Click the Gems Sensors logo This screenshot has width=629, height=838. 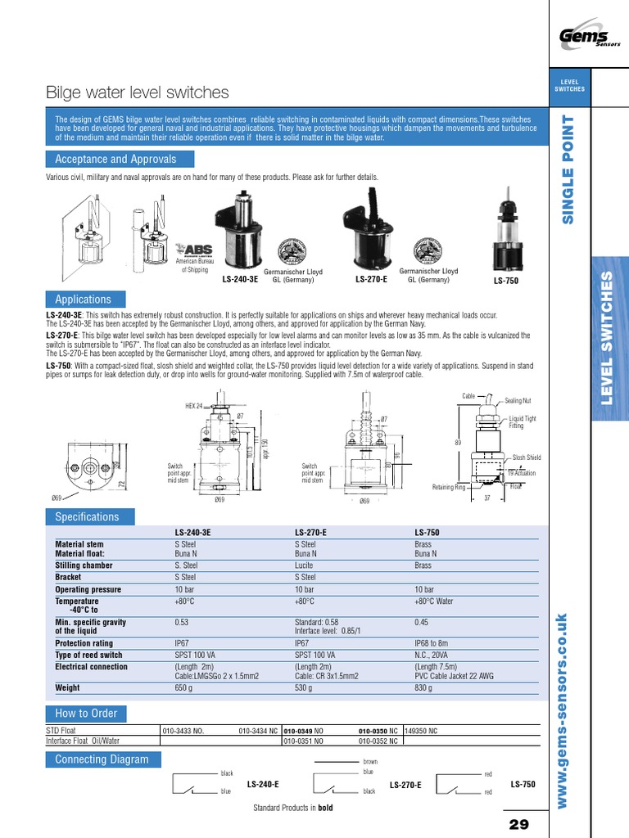586,37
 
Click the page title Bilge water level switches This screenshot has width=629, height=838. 138,92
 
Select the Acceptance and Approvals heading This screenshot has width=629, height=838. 115,159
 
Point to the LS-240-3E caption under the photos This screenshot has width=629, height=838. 240,279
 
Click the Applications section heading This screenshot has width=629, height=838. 83,300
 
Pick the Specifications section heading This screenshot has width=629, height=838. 87,516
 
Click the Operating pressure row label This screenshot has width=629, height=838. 88,589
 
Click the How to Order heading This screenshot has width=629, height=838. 86,713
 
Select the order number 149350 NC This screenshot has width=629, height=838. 422,730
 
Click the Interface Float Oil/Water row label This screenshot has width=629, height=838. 88,741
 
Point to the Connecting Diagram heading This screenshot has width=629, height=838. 102,759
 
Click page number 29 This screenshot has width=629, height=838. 519,824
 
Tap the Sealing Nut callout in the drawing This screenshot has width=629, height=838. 518,401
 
